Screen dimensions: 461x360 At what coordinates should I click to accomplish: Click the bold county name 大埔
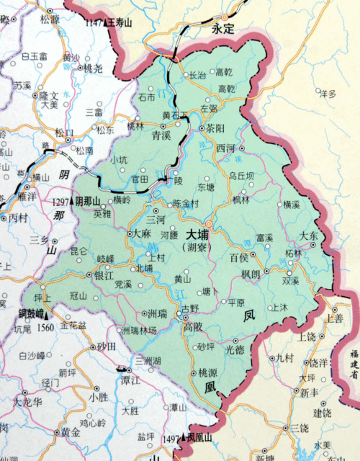point(198,234)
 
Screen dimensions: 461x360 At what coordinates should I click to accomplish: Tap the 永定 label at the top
point(223,30)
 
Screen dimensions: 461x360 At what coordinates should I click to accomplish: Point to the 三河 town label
point(156,219)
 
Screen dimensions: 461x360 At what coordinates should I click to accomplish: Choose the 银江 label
point(105,275)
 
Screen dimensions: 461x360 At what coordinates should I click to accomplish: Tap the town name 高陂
point(193,326)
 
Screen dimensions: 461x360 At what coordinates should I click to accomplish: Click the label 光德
point(235,349)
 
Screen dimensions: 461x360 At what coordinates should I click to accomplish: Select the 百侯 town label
point(239,257)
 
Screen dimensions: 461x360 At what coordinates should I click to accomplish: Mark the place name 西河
point(226,148)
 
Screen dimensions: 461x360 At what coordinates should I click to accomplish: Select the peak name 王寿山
point(120,23)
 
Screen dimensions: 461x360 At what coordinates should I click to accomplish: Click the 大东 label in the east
point(310,236)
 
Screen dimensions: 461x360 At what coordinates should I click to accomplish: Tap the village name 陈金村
point(186,204)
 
